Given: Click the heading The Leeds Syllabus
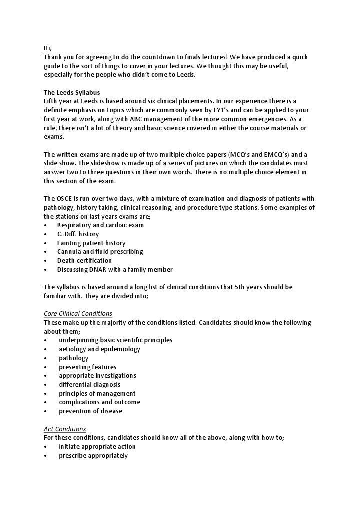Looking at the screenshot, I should tap(72, 92).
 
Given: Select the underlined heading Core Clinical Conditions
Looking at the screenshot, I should tap(78, 314).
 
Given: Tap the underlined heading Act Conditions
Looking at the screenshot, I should tap(65, 429).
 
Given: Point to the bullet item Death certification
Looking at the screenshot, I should tap(84, 261).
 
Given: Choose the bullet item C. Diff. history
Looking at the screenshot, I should tap(78, 234).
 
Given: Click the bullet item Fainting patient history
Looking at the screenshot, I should tap(91, 243).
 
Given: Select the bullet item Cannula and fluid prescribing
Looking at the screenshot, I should tap(100, 252).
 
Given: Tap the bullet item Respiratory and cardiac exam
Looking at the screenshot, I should tap(100, 225).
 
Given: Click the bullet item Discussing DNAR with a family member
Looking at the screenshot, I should tap(115, 270).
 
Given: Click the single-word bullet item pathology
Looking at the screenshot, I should tap(73, 358).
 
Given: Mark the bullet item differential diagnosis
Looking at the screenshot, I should tap(89, 385).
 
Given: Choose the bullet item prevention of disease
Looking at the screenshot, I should tap(90, 411).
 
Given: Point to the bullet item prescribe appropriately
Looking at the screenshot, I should tap(93, 456).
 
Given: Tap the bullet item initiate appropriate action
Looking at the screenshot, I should tap(97, 447).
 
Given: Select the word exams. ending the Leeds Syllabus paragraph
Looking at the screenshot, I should tap(54, 137).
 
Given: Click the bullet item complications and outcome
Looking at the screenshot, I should tap(99, 402).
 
